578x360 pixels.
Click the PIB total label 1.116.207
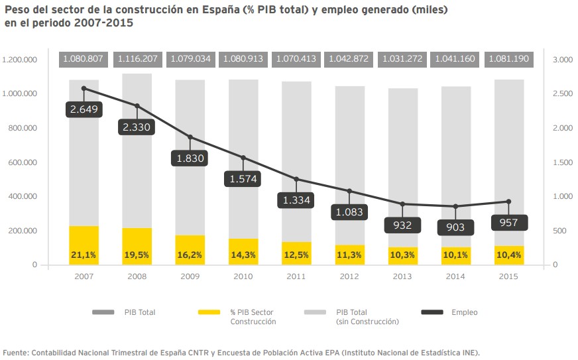[137, 59]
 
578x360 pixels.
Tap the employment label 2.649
[84, 109]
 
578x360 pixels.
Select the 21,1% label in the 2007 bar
[84, 255]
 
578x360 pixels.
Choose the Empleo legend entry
[464, 312]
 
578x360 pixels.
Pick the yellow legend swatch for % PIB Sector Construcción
[209, 312]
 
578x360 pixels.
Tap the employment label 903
[456, 227]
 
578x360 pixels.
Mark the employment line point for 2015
[509, 202]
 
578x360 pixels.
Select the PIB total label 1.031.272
[402, 59]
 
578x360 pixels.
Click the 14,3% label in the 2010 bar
[243, 255]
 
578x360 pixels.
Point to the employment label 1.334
[296, 200]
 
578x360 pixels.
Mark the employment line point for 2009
[190, 137]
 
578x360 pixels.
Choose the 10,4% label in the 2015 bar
[509, 255]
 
